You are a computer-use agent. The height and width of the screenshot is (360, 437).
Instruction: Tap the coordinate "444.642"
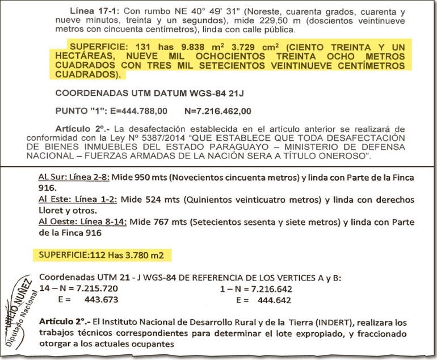tap(272, 299)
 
